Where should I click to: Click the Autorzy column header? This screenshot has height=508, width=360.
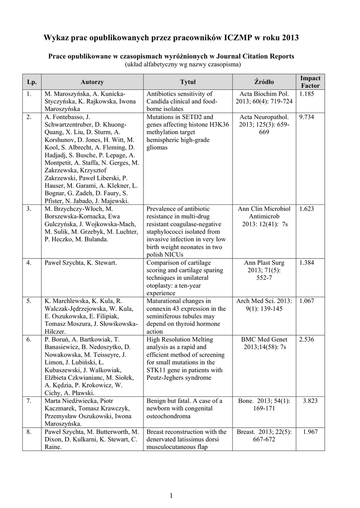(x=92, y=82)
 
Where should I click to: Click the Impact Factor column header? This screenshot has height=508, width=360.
(x=310, y=82)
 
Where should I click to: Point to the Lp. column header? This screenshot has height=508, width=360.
(x=32, y=82)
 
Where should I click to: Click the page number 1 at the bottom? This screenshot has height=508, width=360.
(x=171, y=496)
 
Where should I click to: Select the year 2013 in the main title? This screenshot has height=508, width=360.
(x=290, y=38)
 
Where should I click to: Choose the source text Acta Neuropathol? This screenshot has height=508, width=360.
(x=264, y=118)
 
